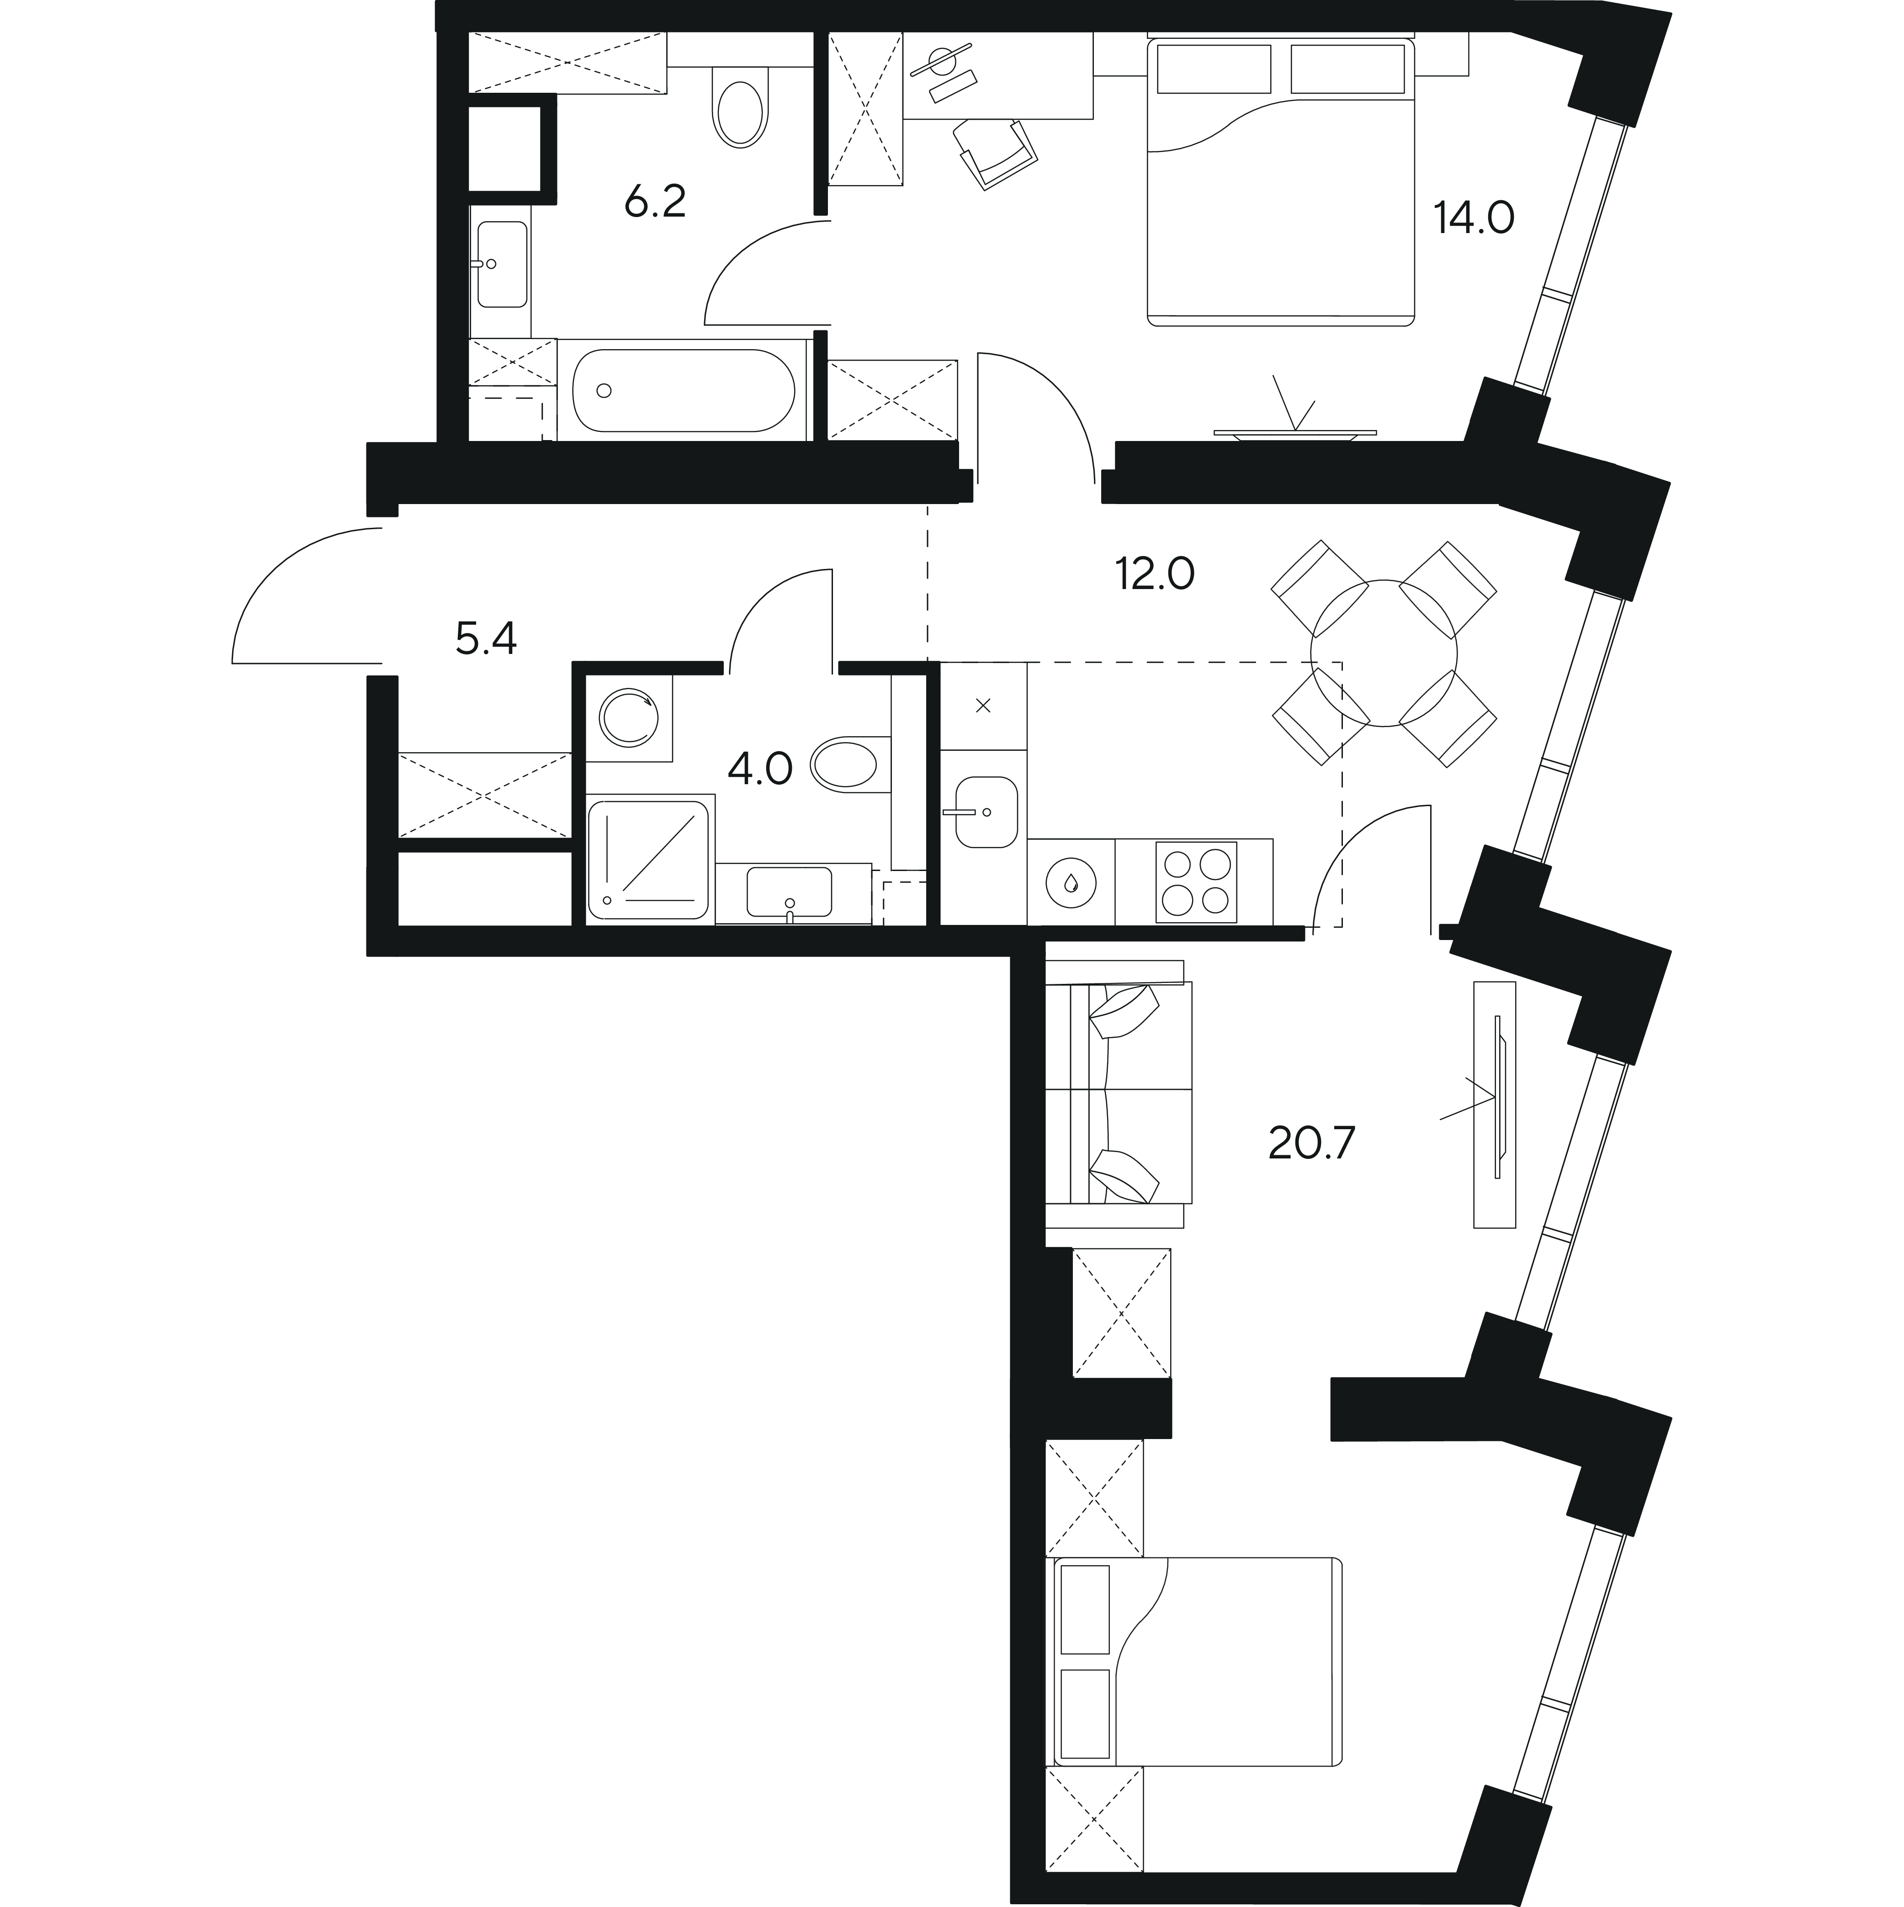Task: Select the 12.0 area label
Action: pyautogui.click(x=1155, y=573)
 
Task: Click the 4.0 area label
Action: pyautogui.click(x=760, y=768)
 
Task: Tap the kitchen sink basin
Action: pyautogui.click(x=985, y=811)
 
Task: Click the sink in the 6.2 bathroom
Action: pyautogui.click(x=501, y=264)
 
